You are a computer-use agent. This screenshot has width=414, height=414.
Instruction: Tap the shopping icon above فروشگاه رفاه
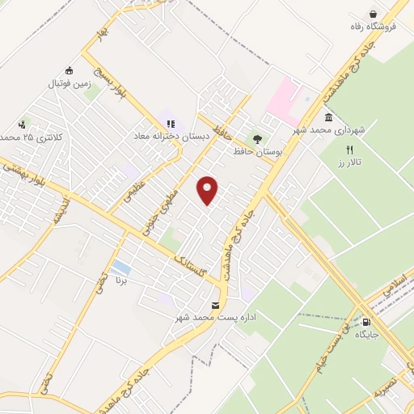tap(373, 13)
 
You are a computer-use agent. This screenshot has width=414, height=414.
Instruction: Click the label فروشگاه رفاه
tap(373, 26)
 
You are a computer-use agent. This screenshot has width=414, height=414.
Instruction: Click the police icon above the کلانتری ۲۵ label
tap(22, 125)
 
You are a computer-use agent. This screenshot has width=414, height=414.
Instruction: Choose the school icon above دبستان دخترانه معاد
tap(170, 124)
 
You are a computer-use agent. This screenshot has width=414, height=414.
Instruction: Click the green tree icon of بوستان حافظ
tap(257, 138)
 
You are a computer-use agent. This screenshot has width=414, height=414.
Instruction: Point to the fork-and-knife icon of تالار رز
tap(349, 150)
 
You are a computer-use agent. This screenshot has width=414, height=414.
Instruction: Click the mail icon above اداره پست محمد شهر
tap(213, 305)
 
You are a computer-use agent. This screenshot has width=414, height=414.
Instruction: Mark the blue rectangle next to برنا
tap(121, 268)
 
